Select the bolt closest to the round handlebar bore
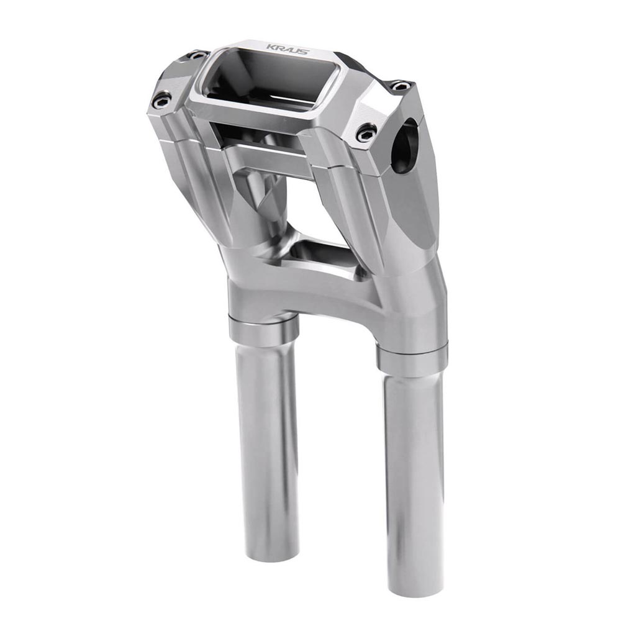[x=366, y=132]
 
